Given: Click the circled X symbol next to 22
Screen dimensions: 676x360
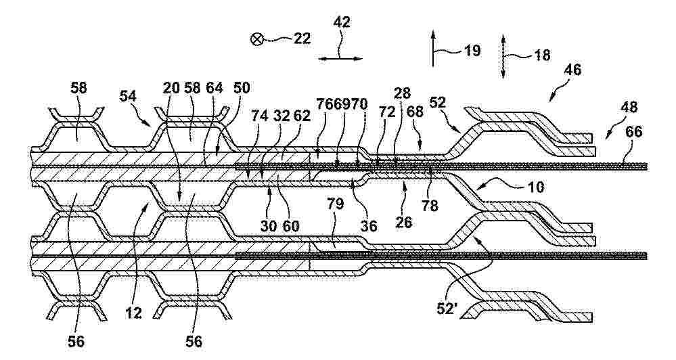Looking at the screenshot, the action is click(x=256, y=40).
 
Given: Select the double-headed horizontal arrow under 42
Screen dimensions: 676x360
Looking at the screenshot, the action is click(x=340, y=59).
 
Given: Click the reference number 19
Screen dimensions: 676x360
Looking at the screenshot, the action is click(x=472, y=51).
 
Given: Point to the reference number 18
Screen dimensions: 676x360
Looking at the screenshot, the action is click(x=542, y=55).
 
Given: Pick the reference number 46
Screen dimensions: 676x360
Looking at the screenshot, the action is click(x=572, y=70).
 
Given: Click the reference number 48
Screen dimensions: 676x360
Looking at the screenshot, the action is click(x=629, y=107).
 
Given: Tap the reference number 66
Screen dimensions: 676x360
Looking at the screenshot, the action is click(x=634, y=132).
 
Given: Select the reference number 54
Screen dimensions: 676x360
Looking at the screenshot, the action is click(x=129, y=95).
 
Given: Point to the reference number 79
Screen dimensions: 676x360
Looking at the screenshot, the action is click(x=335, y=204).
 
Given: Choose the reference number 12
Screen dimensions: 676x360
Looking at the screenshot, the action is click(x=134, y=313).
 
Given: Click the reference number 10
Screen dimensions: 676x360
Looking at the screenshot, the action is click(x=535, y=187).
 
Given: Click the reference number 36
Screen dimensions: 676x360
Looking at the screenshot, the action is click(x=369, y=225).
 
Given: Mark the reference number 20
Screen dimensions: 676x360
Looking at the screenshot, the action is click(x=172, y=88).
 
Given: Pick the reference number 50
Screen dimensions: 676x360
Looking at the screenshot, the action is click(x=242, y=88).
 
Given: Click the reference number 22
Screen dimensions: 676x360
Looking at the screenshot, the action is click(x=302, y=39).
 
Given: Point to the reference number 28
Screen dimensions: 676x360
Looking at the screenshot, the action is click(x=402, y=93).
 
